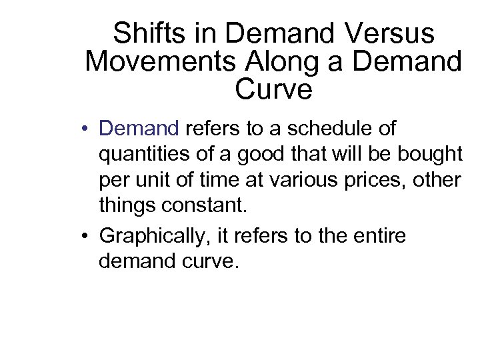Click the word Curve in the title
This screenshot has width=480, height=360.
point(273,89)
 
